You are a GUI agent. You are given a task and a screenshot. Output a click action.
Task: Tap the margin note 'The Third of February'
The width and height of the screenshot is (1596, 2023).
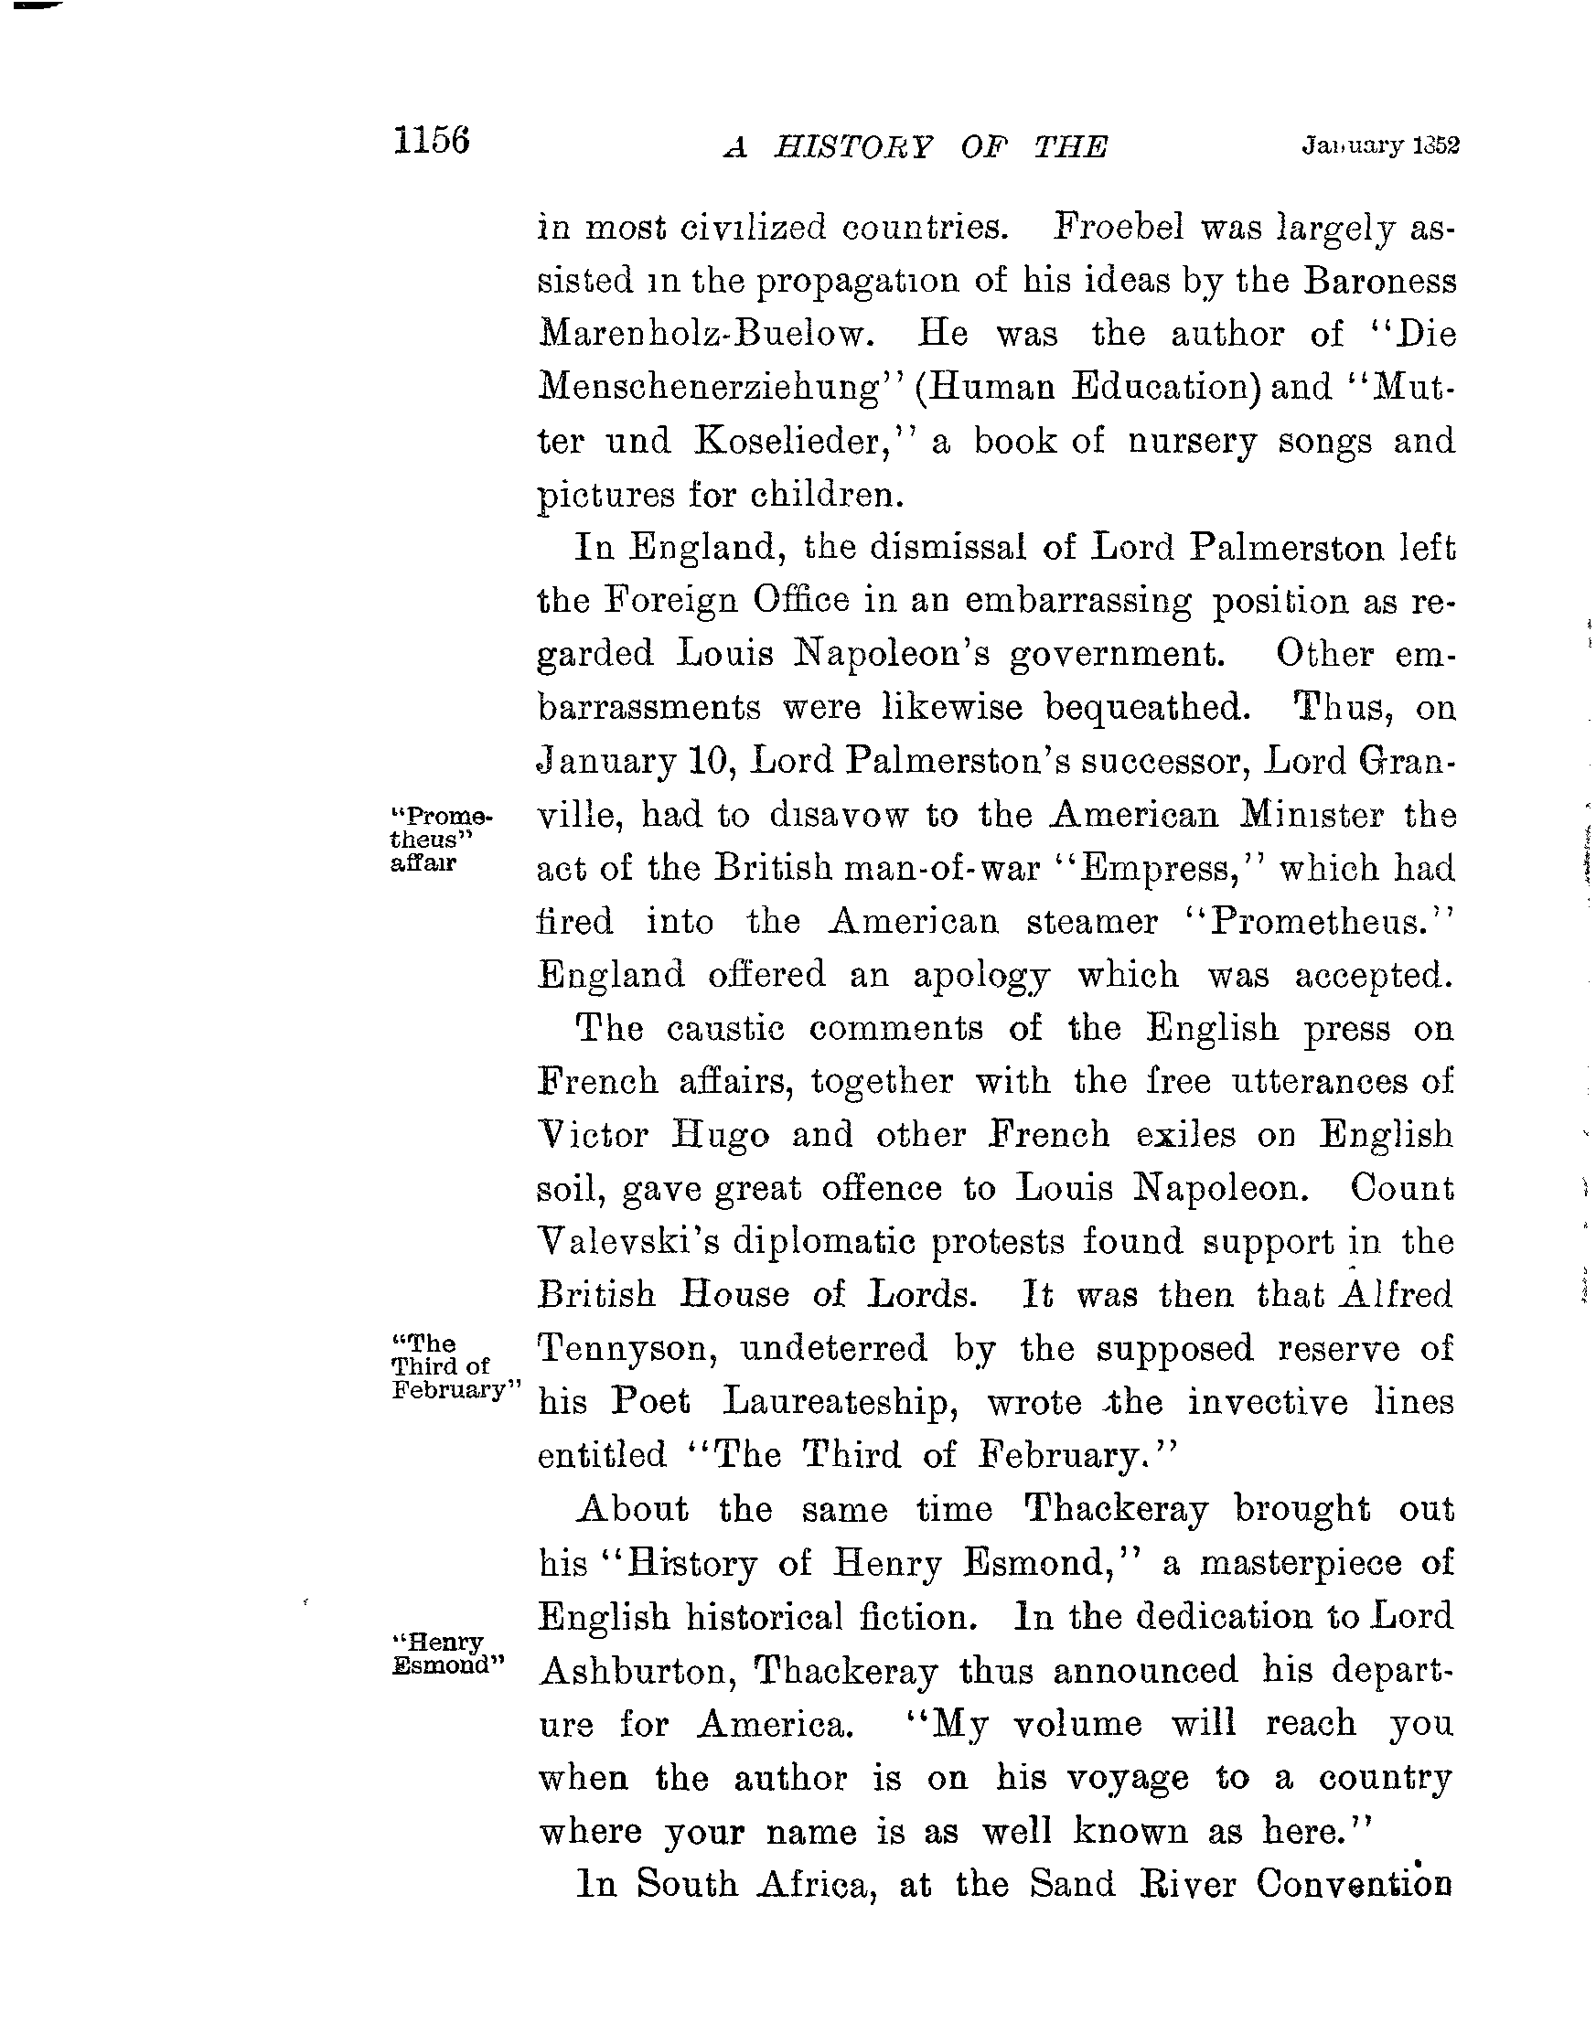coord(446,1366)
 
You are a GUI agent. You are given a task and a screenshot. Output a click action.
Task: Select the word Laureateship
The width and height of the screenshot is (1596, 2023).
coord(834,1403)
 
